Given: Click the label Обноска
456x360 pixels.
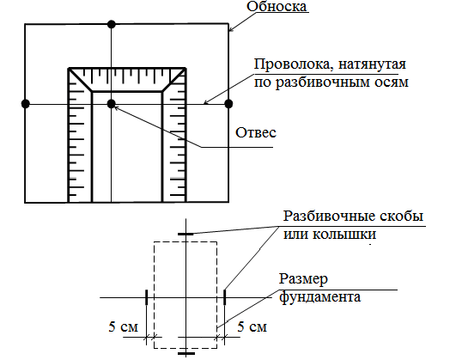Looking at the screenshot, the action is click(277, 6).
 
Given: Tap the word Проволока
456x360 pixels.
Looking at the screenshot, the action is click(293, 64).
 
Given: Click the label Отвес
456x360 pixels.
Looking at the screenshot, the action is click(256, 133).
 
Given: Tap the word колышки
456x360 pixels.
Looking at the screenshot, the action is click(344, 235).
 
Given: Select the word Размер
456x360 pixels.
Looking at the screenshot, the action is click(303, 279).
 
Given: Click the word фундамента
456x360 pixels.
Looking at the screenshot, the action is click(320, 297).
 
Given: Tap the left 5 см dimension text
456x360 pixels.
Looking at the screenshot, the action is click(123, 326).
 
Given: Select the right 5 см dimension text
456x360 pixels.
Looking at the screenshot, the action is click(252, 326).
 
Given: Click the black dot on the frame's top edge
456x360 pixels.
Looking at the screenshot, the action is click(112, 24).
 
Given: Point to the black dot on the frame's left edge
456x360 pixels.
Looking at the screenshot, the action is click(26, 104).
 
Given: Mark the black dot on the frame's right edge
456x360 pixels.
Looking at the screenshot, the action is click(229, 104).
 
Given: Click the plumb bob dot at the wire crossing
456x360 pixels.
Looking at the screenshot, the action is click(112, 104).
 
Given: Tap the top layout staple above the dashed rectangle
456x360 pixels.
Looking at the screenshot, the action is click(185, 234).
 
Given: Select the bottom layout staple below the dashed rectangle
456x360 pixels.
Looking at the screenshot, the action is click(186, 354).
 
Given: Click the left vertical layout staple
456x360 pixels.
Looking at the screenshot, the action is click(147, 297).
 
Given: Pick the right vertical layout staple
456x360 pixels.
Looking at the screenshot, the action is click(224, 297).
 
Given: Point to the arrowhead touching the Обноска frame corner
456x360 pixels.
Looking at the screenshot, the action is click(230, 29).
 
